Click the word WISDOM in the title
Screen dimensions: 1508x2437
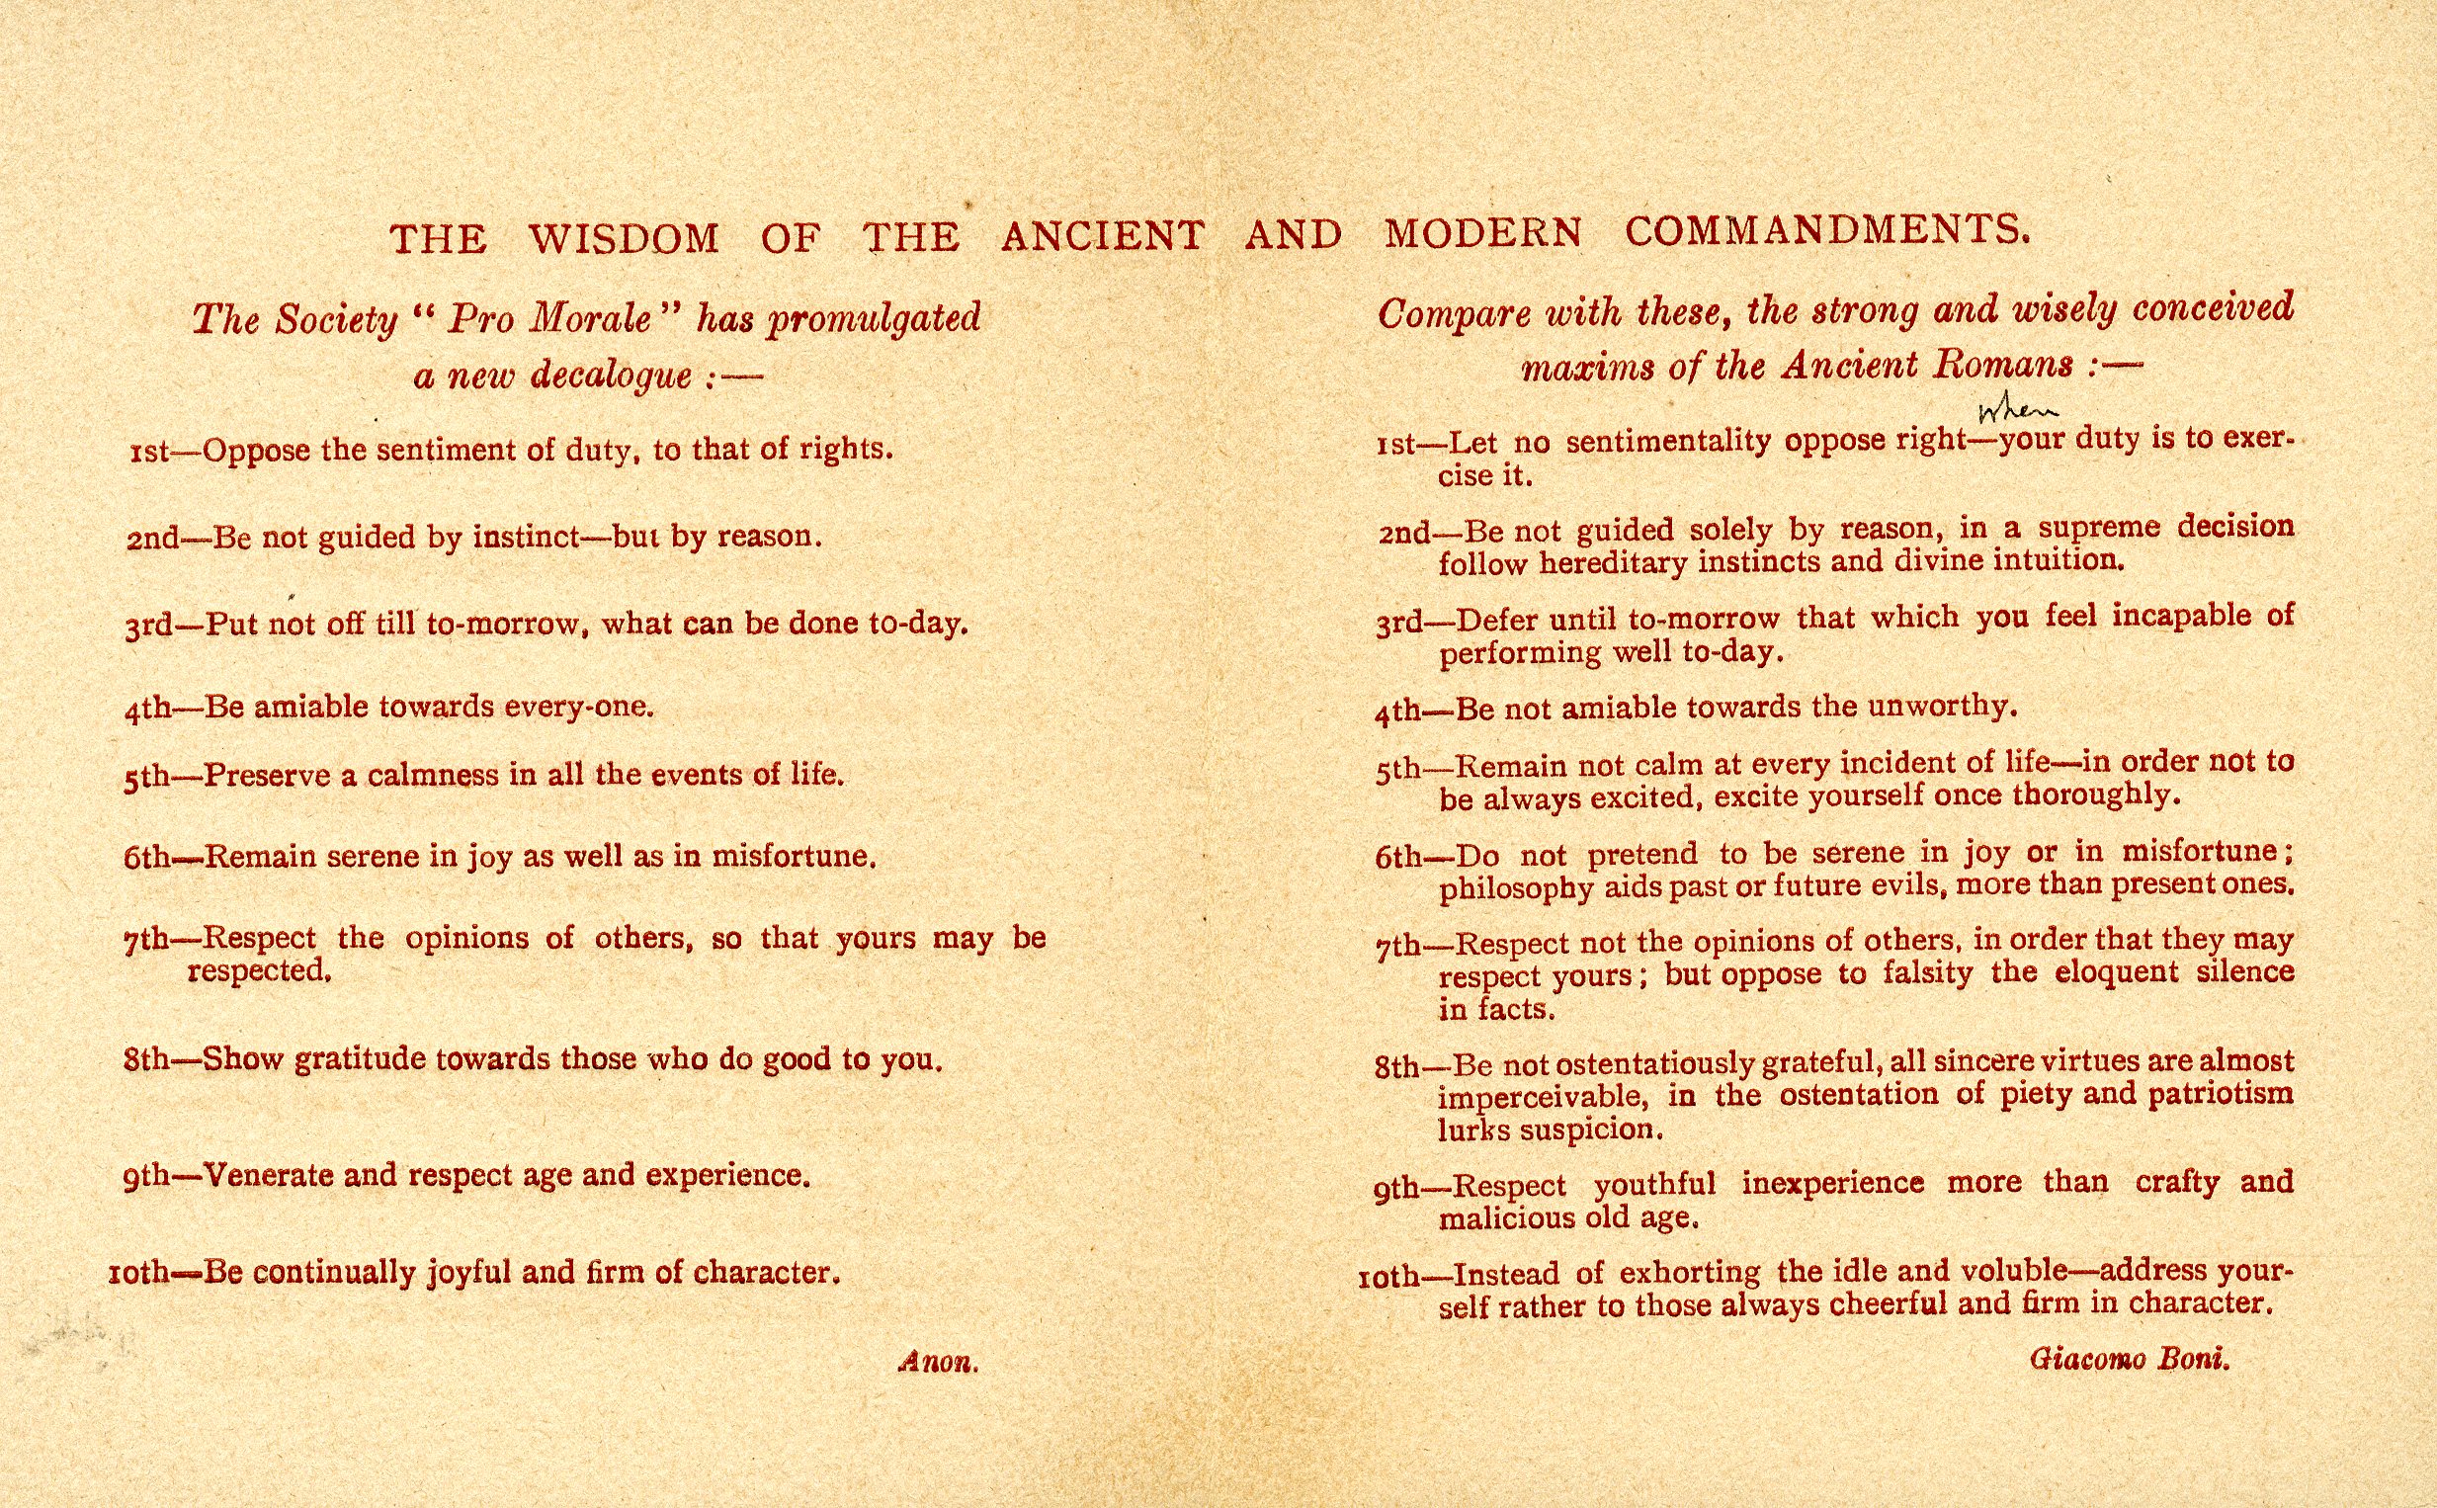(624, 238)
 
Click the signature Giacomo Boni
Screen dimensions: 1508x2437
(2129, 1360)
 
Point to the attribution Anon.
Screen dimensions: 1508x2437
(938, 1363)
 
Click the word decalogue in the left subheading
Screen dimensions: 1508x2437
(612, 376)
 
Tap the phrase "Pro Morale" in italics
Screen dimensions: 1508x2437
(548, 319)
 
